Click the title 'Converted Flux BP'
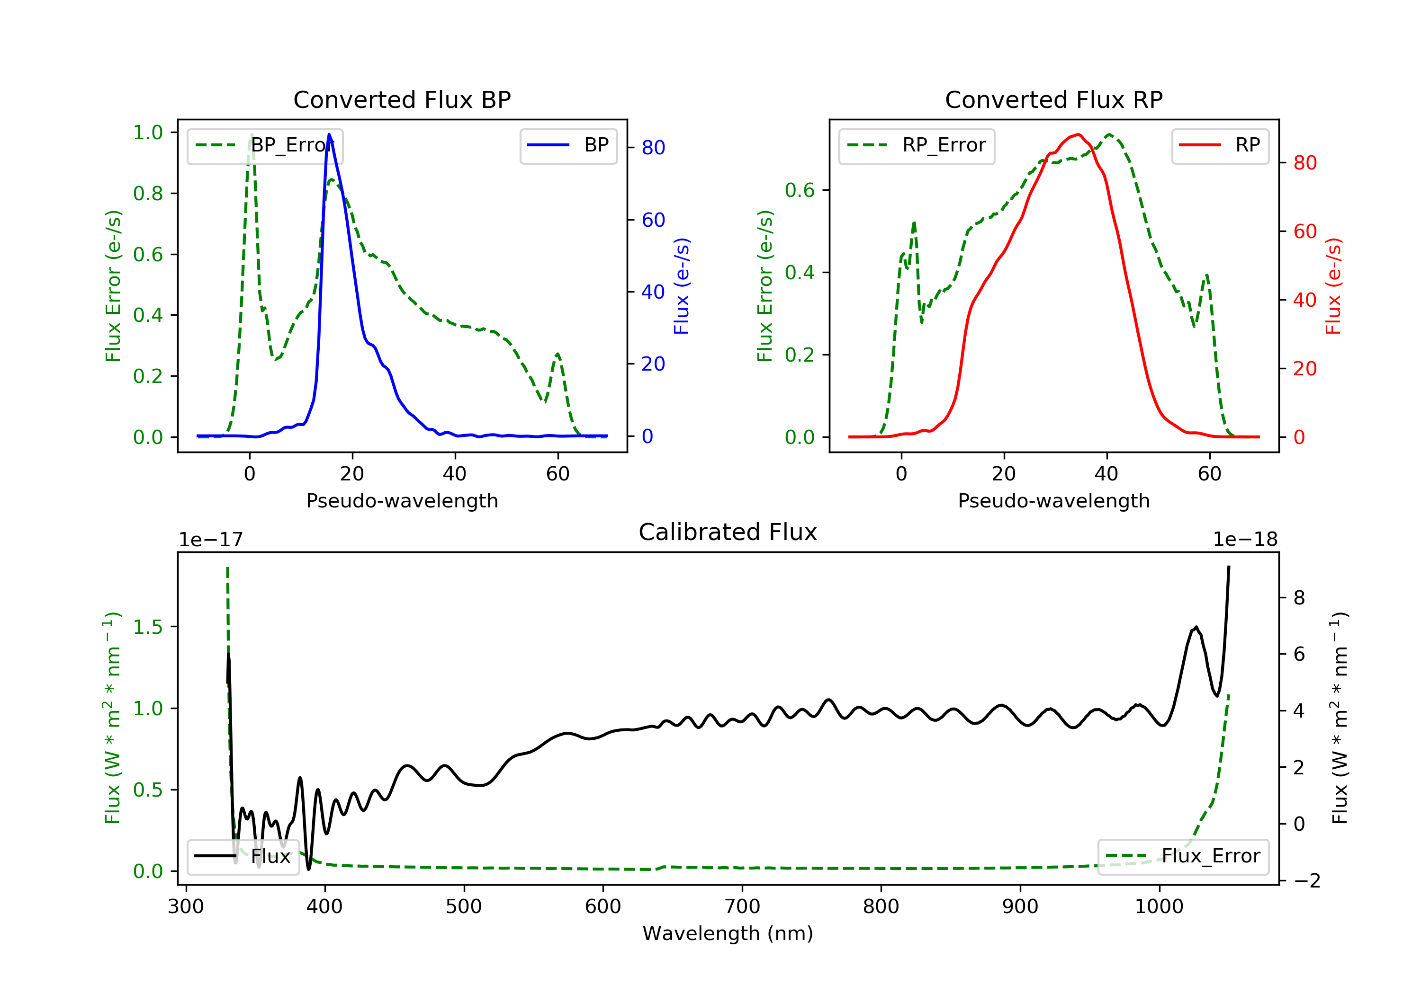(402, 99)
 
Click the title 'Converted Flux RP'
(1053, 99)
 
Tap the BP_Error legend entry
(265, 145)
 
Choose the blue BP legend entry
(568, 145)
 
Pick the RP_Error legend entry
(917, 145)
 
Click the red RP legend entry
(1220, 145)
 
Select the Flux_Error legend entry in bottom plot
(1183, 856)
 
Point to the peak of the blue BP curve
(329, 134)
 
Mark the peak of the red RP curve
(1078, 134)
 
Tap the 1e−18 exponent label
(1245, 540)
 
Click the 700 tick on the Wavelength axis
(742, 907)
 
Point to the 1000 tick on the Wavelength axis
(1159, 907)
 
